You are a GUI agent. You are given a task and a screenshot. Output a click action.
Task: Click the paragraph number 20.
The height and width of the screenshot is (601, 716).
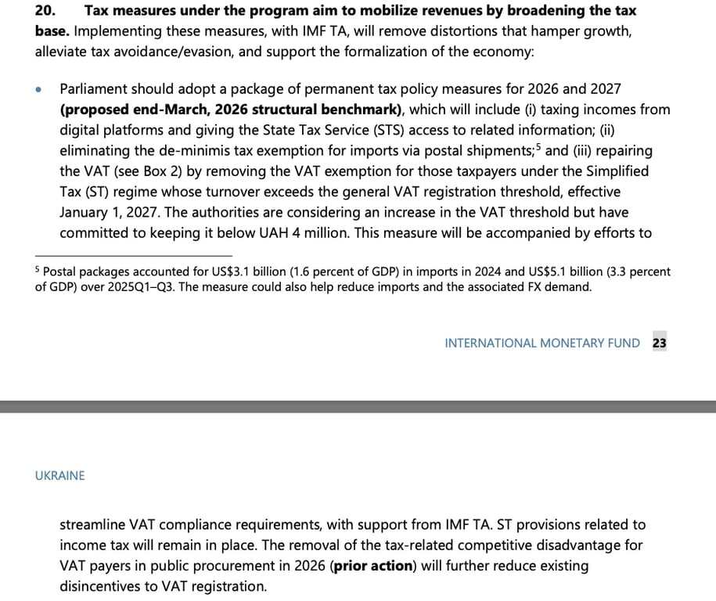click(45, 11)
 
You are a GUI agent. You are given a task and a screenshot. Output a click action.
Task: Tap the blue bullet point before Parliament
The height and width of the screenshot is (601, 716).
click(39, 89)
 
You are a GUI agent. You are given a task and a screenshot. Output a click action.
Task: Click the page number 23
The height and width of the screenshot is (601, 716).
click(659, 343)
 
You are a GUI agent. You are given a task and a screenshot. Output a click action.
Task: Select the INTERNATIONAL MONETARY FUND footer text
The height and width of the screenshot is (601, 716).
click(541, 343)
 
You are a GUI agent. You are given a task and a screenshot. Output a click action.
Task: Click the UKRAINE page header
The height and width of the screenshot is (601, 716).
click(60, 475)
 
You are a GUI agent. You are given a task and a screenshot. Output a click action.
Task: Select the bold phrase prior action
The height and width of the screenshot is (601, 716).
click(373, 565)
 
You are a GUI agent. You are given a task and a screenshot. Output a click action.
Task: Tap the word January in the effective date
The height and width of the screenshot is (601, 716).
click(85, 212)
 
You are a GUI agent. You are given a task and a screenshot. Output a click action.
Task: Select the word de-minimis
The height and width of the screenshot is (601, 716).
click(169, 150)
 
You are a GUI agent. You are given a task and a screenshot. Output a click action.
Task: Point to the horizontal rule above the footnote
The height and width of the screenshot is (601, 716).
click(133, 255)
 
